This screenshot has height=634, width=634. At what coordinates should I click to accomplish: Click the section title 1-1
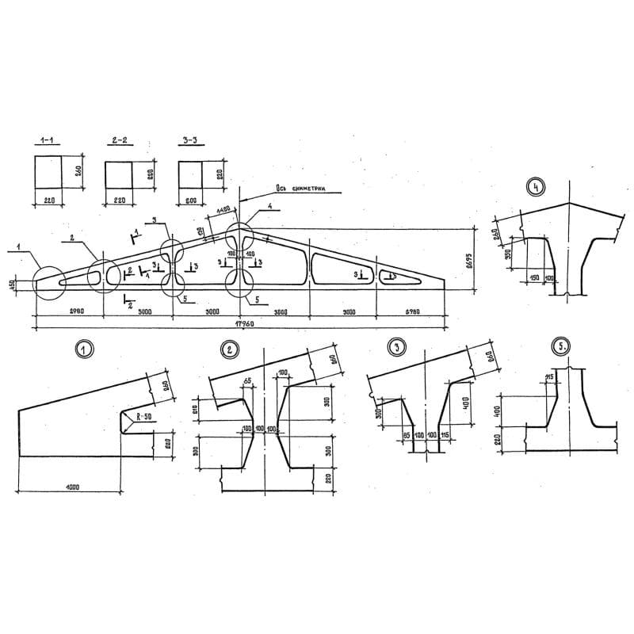click(49, 141)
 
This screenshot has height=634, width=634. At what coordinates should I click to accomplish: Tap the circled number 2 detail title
click(231, 347)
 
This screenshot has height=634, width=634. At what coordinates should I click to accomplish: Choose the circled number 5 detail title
click(561, 347)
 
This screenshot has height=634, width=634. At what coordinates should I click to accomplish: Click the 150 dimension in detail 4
click(534, 278)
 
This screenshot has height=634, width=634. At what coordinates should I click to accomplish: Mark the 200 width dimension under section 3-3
click(190, 201)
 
